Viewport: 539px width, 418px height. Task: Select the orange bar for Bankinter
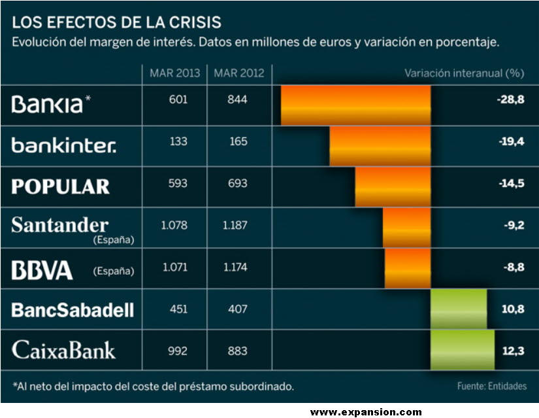pos(380,146)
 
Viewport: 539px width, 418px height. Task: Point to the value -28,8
pos(510,103)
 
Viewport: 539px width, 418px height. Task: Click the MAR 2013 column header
pos(174,73)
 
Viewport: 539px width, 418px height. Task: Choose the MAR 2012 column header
pos(238,73)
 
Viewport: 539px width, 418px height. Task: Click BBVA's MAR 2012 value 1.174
pos(235,268)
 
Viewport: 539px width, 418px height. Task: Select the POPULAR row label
pos(61,186)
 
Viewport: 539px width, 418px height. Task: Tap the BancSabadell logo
pos(73,309)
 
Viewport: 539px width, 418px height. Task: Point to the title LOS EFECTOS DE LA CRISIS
pos(117,22)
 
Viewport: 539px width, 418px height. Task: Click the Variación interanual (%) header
pos(464,73)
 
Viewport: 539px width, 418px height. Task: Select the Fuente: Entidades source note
pos(491,386)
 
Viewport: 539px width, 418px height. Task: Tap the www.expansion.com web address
pos(366,412)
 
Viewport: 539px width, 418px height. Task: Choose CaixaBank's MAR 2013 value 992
pos(177,351)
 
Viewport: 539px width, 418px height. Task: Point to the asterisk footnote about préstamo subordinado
pos(154,385)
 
